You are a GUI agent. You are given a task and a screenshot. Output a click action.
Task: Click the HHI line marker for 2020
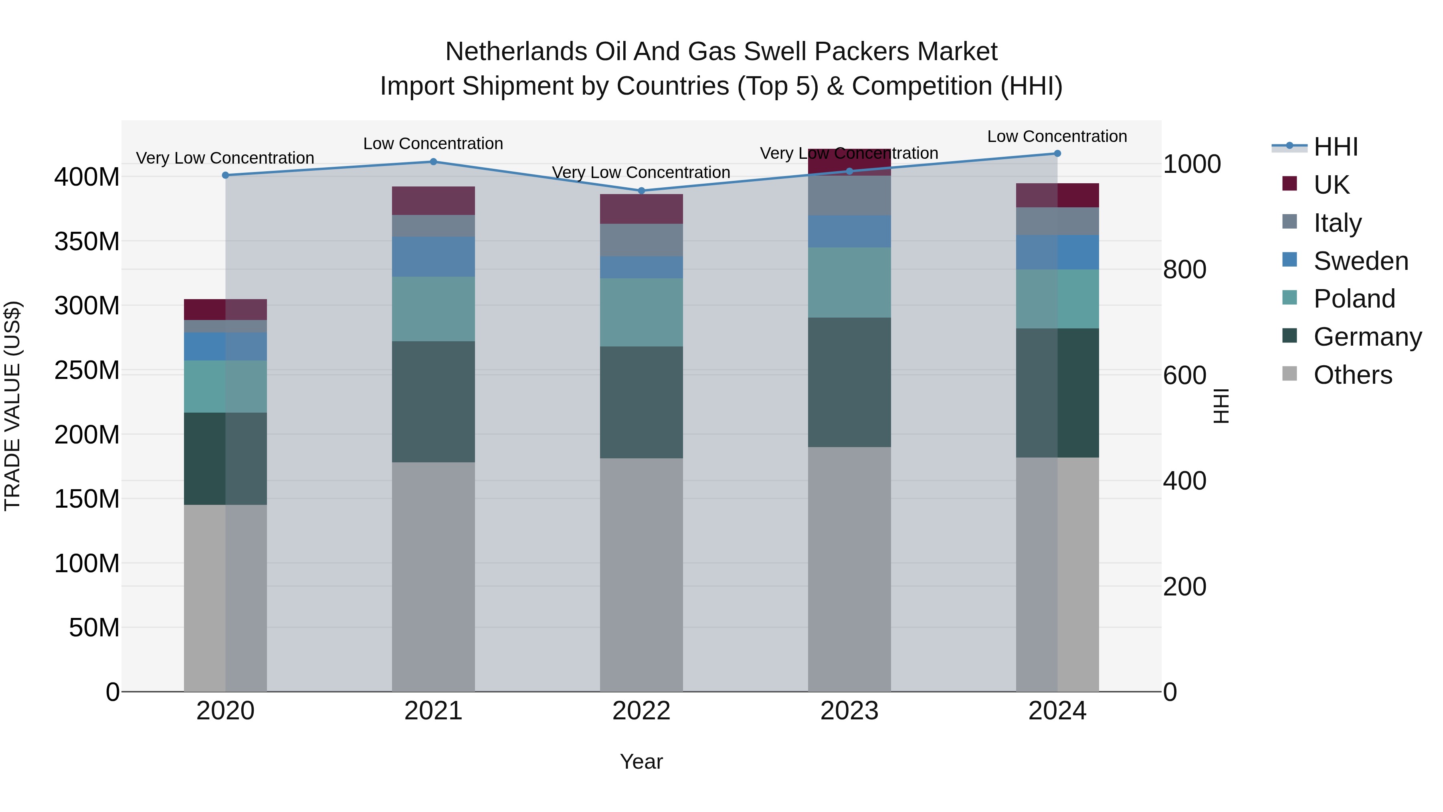point(226,175)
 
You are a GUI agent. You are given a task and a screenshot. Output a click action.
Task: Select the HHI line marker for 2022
point(641,190)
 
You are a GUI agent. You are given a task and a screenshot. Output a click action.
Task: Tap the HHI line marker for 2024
point(1057,154)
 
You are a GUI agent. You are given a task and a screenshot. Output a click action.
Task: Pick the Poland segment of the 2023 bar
point(849,282)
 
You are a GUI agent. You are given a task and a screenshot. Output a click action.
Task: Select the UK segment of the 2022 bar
point(641,209)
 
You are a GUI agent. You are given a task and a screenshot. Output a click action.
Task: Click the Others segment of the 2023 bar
point(849,569)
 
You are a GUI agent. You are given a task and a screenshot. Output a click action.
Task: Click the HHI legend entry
point(1335,147)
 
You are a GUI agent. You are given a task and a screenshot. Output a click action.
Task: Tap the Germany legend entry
point(1367,337)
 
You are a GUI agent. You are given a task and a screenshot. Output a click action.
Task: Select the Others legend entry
point(1352,375)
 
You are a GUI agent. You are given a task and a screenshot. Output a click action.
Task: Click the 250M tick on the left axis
point(87,371)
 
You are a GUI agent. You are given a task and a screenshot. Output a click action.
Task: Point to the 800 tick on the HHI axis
point(1184,269)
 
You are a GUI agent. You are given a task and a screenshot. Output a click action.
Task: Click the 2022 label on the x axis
point(641,711)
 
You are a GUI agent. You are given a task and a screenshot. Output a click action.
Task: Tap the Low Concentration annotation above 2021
point(433,144)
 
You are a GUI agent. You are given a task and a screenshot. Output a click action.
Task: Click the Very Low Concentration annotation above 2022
point(641,172)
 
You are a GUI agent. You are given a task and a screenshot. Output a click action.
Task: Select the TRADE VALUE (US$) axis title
point(12,406)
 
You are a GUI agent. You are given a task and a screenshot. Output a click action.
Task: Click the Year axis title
point(641,761)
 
